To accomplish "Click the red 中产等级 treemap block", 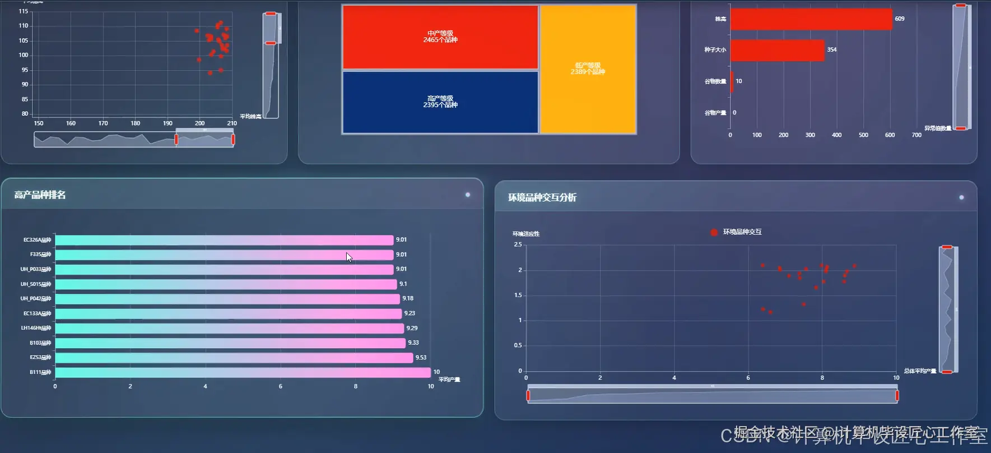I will [x=440, y=37].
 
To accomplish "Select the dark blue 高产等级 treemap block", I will [x=440, y=102].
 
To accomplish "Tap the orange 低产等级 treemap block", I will [x=588, y=69].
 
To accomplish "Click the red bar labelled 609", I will [x=811, y=19].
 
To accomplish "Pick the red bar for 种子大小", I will [x=777, y=50].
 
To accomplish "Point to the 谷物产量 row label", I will [x=715, y=113].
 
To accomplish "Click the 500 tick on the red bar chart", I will [x=863, y=135].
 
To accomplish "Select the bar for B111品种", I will [x=243, y=372].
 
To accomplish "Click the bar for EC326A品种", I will [x=224, y=240].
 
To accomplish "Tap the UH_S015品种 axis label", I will [x=36, y=284].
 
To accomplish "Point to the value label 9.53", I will [x=421, y=358].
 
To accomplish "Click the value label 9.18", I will [x=408, y=299].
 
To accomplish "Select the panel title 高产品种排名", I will [x=40, y=195].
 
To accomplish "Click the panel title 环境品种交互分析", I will [x=542, y=197].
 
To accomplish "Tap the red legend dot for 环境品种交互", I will [x=714, y=232].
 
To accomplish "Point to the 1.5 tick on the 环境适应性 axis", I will [x=518, y=295].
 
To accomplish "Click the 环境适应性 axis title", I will [x=526, y=234].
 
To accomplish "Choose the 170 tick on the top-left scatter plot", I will [x=103, y=123].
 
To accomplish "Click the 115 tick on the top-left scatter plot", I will [x=24, y=11].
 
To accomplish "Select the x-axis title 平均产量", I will [x=449, y=380].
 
